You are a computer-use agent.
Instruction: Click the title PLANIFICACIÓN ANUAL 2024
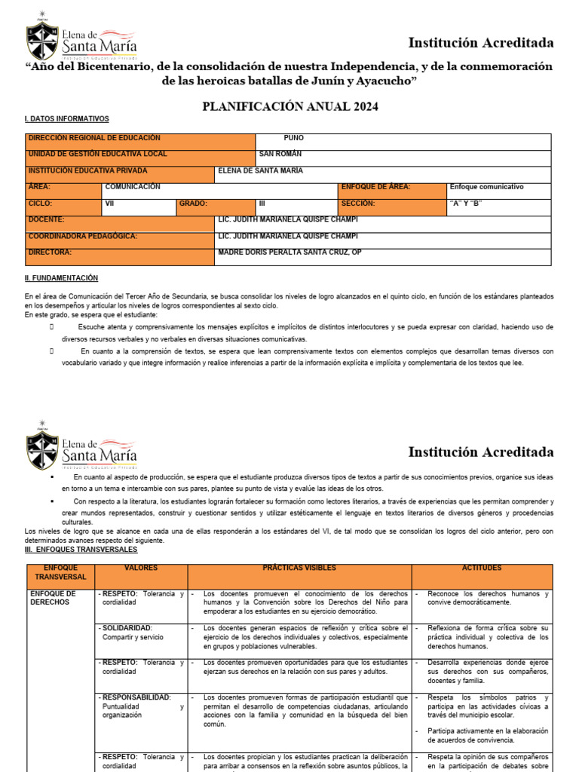click(x=290, y=106)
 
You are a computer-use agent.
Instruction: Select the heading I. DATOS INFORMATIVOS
click(x=67, y=119)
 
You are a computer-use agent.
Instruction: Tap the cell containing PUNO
click(x=293, y=139)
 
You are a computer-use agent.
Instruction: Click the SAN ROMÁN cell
click(x=280, y=155)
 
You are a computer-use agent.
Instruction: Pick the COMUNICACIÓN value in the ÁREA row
click(x=133, y=187)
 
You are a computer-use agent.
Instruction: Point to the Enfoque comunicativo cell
click(x=486, y=187)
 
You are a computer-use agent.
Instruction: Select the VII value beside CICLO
click(x=109, y=204)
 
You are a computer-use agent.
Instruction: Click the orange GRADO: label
click(x=193, y=204)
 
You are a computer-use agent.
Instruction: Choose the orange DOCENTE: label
click(x=46, y=219)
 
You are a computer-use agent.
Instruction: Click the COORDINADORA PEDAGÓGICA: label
click(x=82, y=236)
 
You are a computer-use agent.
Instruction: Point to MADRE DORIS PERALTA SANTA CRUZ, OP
click(x=289, y=253)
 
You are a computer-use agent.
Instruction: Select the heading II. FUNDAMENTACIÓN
click(x=62, y=279)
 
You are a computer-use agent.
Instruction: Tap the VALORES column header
click(x=140, y=567)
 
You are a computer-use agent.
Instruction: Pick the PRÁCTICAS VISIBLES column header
click(x=299, y=567)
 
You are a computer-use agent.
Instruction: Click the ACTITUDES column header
click(x=482, y=567)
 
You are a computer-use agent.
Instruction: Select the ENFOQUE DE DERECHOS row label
click(x=53, y=598)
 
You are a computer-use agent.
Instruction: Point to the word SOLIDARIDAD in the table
click(x=127, y=628)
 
